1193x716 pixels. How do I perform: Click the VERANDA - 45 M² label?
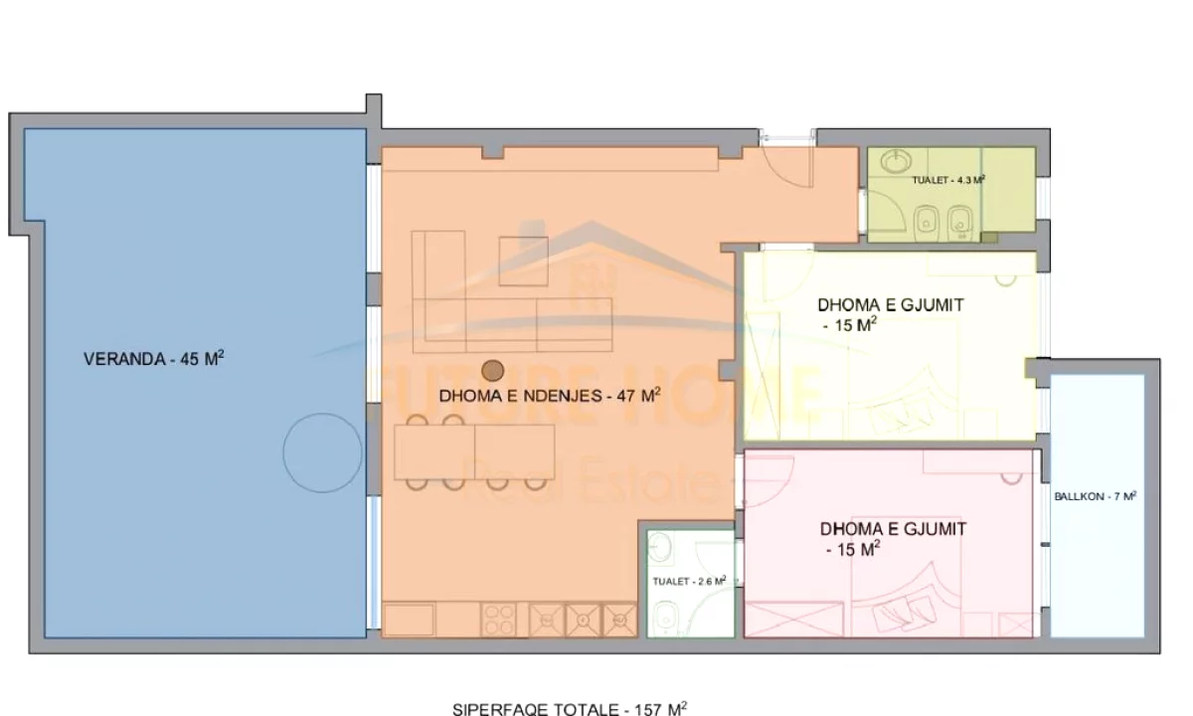point(153,359)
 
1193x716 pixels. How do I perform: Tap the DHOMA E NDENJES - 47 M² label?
point(550,396)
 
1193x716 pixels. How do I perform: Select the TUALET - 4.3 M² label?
point(948,180)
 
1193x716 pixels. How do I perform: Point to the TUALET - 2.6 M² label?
point(689,581)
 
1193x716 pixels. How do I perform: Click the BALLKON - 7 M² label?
point(1096,496)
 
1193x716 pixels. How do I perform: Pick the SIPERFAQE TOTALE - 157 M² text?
point(570,708)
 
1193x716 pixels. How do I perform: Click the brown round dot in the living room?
point(493,371)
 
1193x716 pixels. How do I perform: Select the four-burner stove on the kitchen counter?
point(498,620)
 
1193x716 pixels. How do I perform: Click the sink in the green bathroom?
point(896,161)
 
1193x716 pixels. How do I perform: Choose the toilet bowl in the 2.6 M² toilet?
point(665,616)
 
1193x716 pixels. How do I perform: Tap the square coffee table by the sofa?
point(524,261)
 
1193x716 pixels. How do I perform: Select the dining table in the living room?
point(474,451)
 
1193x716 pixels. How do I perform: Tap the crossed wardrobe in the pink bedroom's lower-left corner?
point(793,619)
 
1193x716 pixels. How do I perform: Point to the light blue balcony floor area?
point(1098,505)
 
